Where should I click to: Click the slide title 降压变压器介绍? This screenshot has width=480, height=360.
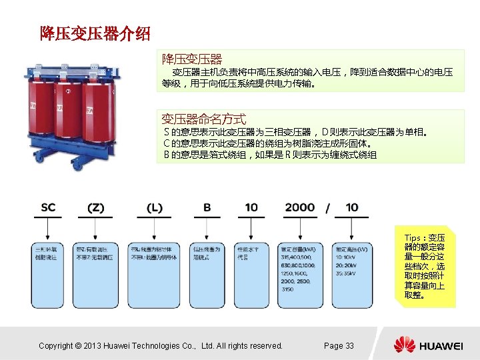(95, 33)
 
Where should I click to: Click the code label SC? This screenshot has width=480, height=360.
(49, 208)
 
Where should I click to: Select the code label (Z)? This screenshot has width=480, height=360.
(97, 208)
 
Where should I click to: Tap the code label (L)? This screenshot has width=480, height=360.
(154, 208)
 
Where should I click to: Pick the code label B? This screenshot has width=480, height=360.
(207, 208)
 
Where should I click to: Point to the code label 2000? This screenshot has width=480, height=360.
(300, 208)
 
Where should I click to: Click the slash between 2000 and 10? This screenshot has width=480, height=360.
(328, 209)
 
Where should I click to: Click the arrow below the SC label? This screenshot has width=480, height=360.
(49, 230)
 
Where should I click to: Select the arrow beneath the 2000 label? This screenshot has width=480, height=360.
(300, 230)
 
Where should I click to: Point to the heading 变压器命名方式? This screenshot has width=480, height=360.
(204, 119)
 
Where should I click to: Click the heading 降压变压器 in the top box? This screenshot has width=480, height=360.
(192, 59)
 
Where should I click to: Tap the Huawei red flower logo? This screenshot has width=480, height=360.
(404, 345)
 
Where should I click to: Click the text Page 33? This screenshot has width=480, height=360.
(339, 345)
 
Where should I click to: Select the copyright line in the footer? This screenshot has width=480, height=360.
(161, 345)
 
